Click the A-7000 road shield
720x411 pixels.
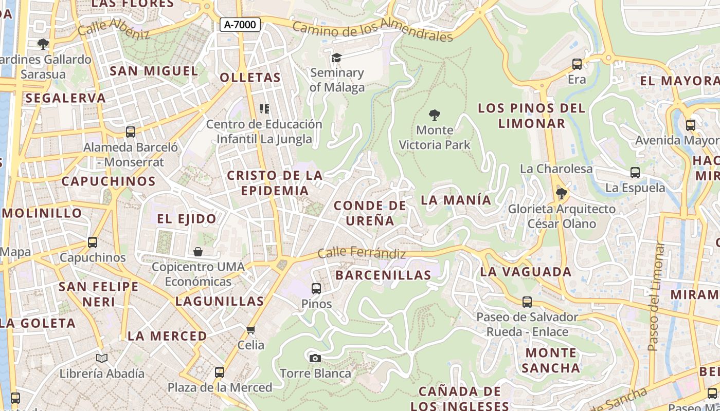(x=240, y=25)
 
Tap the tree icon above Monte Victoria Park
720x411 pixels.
(x=435, y=115)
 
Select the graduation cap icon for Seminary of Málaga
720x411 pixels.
(x=336, y=58)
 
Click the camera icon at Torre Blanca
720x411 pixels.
(x=315, y=358)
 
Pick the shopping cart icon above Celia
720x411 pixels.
(x=251, y=330)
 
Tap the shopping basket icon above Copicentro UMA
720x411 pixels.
(x=198, y=252)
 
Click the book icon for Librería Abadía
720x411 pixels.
(x=102, y=358)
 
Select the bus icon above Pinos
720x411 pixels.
(x=316, y=289)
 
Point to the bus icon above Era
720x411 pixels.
(x=577, y=64)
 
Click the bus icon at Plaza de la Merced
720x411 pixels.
(x=220, y=372)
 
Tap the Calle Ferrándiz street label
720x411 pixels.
(x=362, y=253)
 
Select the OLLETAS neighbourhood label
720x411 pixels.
(x=250, y=78)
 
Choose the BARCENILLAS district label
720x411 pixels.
(x=383, y=275)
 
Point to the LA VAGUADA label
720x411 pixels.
(x=526, y=272)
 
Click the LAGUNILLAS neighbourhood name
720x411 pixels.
(x=220, y=301)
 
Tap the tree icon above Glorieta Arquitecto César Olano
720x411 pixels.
(x=562, y=194)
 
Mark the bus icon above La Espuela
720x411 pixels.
(x=635, y=173)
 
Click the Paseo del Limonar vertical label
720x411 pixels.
(x=655, y=296)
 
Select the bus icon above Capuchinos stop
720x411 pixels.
(x=93, y=242)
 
